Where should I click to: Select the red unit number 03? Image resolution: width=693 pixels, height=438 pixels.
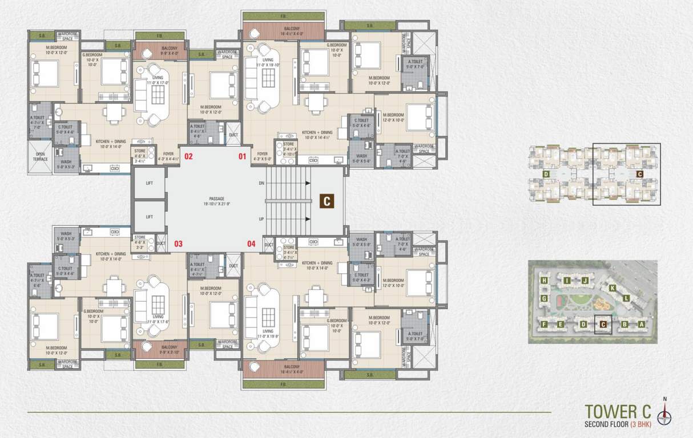click(x=178, y=244)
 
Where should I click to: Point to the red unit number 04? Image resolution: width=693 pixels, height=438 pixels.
click(x=251, y=244)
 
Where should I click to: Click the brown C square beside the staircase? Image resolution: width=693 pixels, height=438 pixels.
click(x=327, y=201)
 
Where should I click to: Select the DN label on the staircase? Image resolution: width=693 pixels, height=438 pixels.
click(x=262, y=184)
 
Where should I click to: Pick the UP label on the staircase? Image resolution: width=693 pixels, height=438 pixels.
click(x=262, y=219)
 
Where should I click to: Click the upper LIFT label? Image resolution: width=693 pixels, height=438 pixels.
click(x=150, y=184)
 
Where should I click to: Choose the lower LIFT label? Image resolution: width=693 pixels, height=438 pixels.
click(x=150, y=217)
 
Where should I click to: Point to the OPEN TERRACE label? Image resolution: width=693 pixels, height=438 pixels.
click(x=40, y=156)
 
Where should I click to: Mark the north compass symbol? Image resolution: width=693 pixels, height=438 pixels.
click(x=664, y=414)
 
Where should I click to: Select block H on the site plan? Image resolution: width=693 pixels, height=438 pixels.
click(x=545, y=281)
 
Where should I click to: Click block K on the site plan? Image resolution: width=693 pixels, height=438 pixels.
click(x=612, y=288)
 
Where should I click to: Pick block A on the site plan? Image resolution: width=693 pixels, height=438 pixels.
click(x=642, y=325)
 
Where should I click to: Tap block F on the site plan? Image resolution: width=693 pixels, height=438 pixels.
click(x=545, y=325)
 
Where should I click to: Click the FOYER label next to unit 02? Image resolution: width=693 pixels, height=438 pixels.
click(x=168, y=153)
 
